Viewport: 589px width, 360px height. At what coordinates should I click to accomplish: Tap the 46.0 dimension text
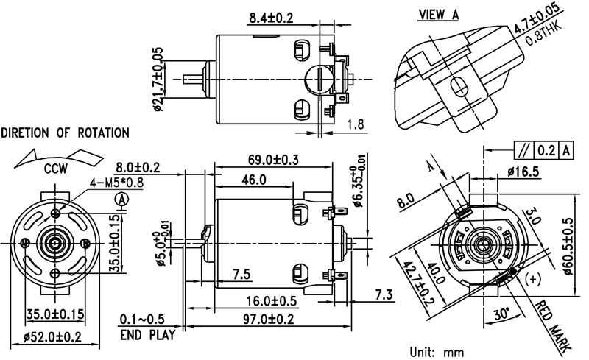pos(255,180)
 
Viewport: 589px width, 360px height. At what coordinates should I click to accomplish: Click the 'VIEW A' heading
pos(439,14)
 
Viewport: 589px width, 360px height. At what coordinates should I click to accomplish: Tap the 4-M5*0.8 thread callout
pos(95,183)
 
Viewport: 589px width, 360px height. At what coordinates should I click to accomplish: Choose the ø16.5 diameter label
pos(523,172)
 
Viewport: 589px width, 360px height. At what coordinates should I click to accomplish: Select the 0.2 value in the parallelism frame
pos(546,151)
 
